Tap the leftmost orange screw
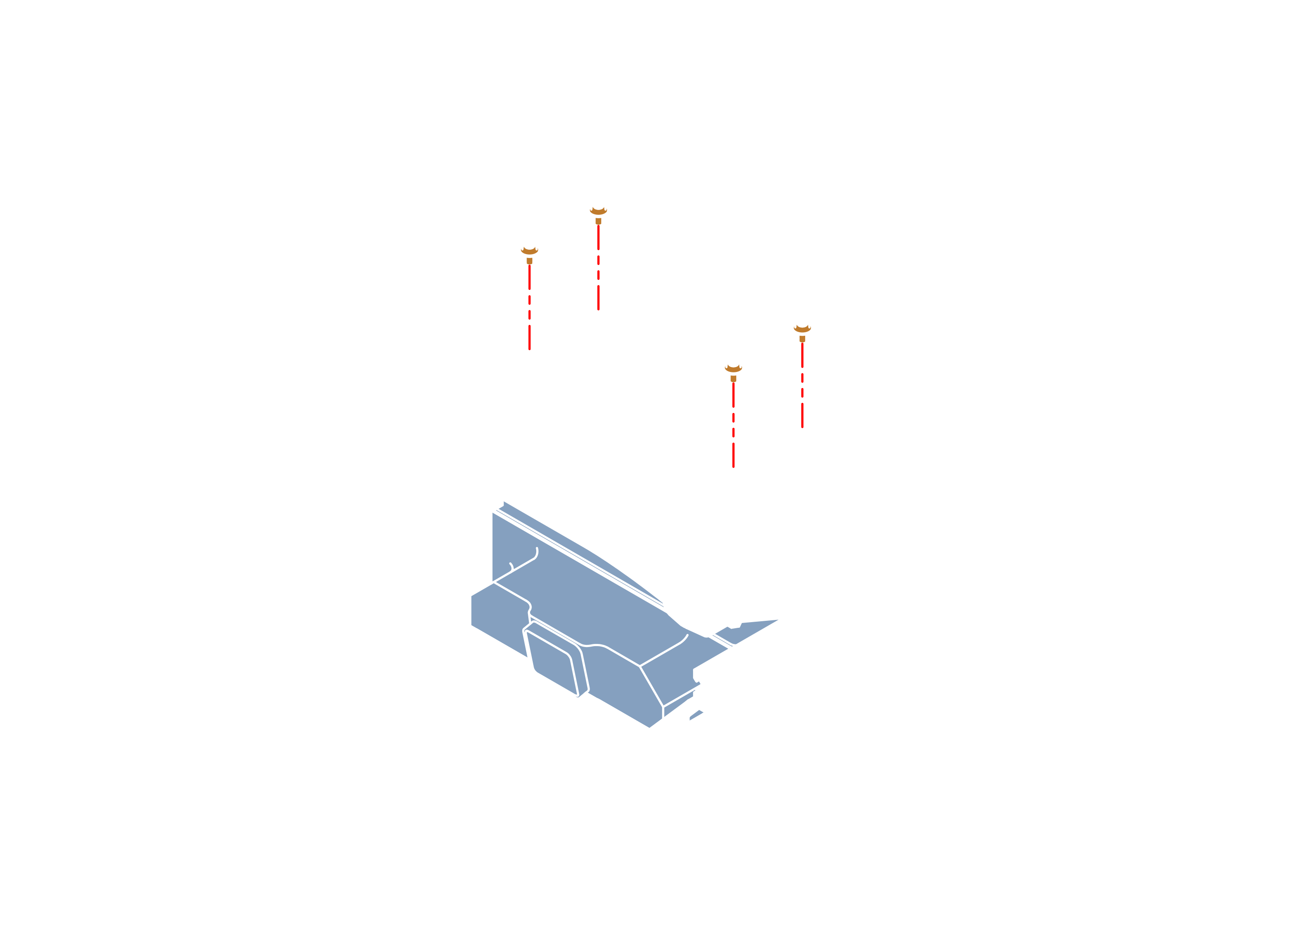(529, 253)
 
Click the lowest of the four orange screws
(733, 370)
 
